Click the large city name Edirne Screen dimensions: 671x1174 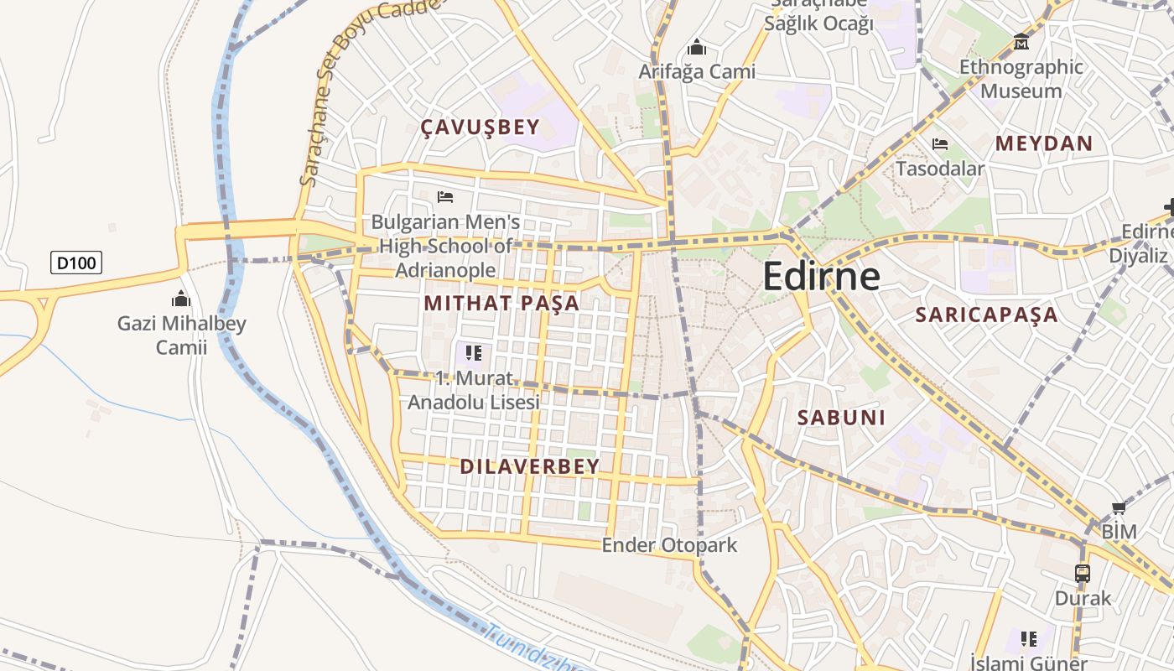click(822, 276)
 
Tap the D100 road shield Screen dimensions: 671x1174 click(76, 263)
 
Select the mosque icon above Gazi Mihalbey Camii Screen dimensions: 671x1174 click(180, 299)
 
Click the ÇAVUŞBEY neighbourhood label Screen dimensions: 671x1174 click(480, 127)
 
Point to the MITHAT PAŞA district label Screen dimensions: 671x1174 click(501, 303)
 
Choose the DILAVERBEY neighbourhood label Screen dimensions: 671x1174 click(529, 466)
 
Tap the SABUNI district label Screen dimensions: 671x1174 click(841, 418)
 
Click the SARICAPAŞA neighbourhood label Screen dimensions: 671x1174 click(986, 315)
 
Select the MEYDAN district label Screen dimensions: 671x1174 click(1044, 143)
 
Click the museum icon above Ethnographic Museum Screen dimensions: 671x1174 click(1021, 41)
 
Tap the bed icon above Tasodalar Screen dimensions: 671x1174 click(940, 144)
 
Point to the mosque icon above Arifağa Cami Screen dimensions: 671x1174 click(696, 47)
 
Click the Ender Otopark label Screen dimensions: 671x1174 click(669, 545)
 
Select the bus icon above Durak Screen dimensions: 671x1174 click(1083, 574)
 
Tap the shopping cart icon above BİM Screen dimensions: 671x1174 click(1119, 507)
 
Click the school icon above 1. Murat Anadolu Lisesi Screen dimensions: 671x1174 click(474, 353)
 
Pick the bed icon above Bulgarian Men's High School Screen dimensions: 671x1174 click(445, 197)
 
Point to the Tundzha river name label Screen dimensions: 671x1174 click(537, 650)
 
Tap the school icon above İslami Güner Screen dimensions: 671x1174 click(1029, 639)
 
